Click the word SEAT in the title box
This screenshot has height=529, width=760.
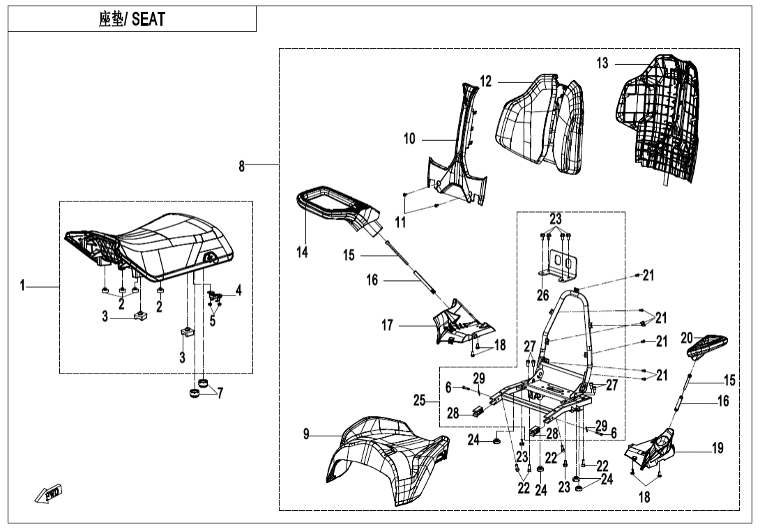(x=148, y=20)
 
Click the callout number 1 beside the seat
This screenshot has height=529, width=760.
(x=23, y=285)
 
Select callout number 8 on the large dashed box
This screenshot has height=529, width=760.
(x=241, y=166)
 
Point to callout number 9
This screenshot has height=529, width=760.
(x=306, y=434)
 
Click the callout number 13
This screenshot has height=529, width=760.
(x=602, y=63)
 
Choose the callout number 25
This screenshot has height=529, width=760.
(x=419, y=401)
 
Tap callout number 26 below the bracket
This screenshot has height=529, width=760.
(x=543, y=296)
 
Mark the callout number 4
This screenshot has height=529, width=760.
(x=238, y=291)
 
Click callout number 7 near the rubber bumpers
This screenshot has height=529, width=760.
(x=220, y=393)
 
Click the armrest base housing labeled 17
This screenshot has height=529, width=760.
(x=460, y=323)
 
